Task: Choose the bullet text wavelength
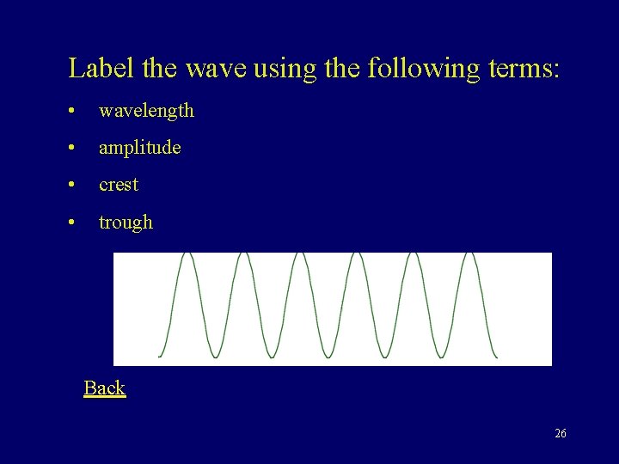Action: pyautogui.click(x=146, y=111)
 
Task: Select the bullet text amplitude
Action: pyautogui.click(x=139, y=148)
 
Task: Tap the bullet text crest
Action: pyautogui.click(x=119, y=185)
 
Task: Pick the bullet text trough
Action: pyautogui.click(x=126, y=223)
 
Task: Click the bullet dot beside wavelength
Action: pyautogui.click(x=76, y=112)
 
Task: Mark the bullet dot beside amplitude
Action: pyautogui.click(x=76, y=149)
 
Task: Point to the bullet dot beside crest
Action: pyautogui.click(x=76, y=186)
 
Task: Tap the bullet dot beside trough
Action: pyautogui.click(x=76, y=223)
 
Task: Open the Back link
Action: pyautogui.click(x=104, y=388)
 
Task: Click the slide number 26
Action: pyautogui.click(x=561, y=434)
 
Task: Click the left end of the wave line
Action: pyautogui.click(x=160, y=357)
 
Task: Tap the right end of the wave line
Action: pyautogui.click(x=496, y=357)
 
